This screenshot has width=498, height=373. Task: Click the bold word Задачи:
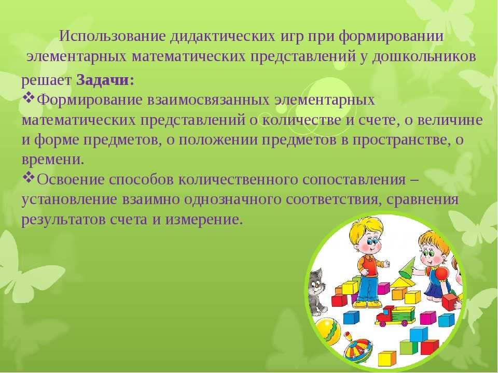[105, 80]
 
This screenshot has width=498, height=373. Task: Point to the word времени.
[53, 159]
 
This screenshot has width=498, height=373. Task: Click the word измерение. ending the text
[204, 220]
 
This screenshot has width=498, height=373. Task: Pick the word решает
[46, 81]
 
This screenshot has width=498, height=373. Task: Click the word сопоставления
[354, 180]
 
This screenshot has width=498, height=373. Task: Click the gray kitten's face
[316, 285]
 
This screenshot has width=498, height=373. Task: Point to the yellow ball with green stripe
[327, 332]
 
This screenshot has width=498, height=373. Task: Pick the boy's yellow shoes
[368, 304]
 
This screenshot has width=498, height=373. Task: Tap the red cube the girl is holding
[450, 302]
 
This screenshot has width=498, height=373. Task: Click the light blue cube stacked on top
[419, 334]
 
